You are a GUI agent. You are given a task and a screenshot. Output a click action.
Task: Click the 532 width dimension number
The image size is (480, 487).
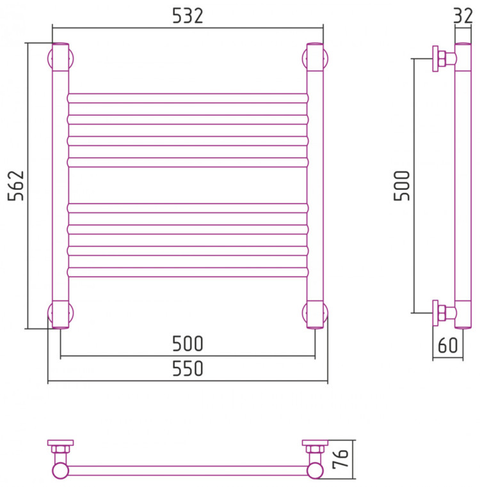pos(188,16)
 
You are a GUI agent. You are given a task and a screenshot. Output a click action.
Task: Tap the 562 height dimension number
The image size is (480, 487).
pos(15,185)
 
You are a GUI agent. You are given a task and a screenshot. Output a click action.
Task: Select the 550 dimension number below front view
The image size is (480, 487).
pos(188,369)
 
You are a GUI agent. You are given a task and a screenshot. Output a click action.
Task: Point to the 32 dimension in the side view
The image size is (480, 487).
pos(463,15)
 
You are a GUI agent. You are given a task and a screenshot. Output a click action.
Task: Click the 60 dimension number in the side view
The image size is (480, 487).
pos(447,345)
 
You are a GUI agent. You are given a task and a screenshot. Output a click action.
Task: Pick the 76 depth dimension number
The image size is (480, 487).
pos(340,458)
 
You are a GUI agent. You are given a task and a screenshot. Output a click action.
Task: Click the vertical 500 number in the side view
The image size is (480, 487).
pos(402,185)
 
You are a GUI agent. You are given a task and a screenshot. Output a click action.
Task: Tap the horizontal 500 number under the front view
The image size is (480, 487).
pos(188,343)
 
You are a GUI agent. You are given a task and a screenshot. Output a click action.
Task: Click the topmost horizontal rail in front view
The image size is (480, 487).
pos(188,98)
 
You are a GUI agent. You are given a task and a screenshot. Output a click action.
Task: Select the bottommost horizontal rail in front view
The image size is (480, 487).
pos(188,272)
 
